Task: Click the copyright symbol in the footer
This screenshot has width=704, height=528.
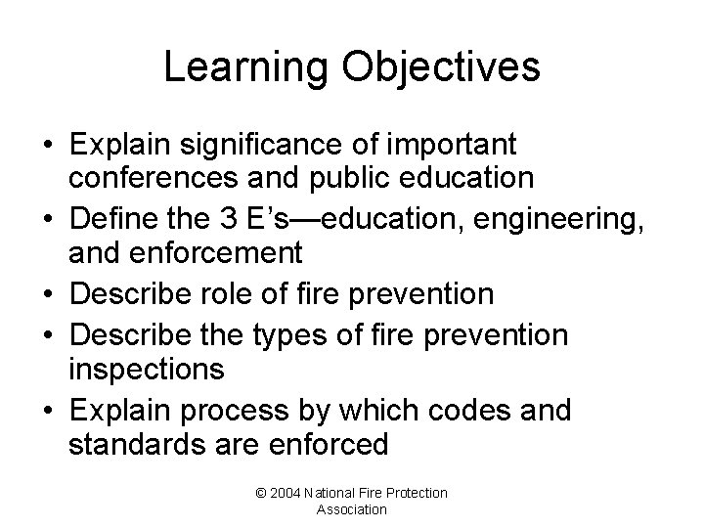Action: click(x=260, y=493)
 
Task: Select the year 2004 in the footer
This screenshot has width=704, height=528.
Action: click(x=286, y=493)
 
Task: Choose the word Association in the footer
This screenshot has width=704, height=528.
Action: click(x=351, y=509)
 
